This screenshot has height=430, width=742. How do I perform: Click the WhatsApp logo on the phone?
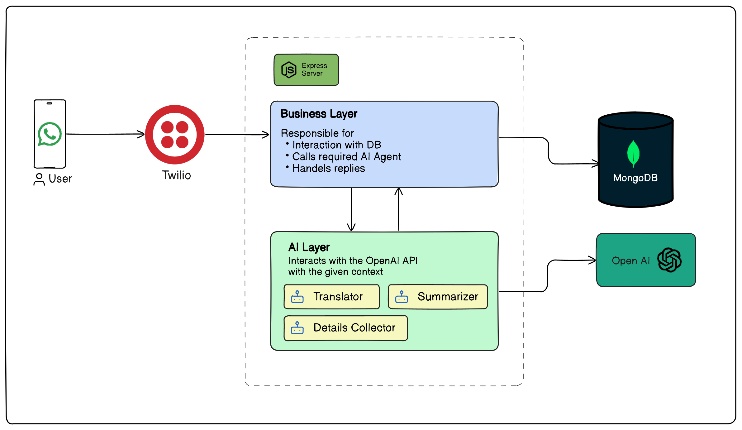(x=50, y=134)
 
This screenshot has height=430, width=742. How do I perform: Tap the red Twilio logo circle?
(x=175, y=135)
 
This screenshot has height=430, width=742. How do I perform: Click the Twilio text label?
(x=176, y=175)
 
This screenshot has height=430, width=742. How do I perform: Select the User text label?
(x=60, y=179)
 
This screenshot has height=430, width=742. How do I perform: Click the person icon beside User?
(x=39, y=179)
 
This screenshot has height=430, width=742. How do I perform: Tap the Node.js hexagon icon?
(x=289, y=70)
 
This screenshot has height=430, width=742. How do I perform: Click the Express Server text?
(x=314, y=69)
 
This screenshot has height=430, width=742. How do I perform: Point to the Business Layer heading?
(x=319, y=114)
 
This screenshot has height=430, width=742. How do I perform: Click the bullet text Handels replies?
(x=328, y=169)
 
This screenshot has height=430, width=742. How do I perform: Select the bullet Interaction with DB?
(x=336, y=145)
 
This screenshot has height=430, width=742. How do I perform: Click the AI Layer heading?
(x=309, y=247)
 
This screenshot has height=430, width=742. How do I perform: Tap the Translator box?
(x=331, y=297)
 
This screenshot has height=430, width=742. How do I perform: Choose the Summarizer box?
(x=438, y=297)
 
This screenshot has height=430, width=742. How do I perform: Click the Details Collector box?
(x=345, y=328)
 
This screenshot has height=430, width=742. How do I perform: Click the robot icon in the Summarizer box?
(x=402, y=297)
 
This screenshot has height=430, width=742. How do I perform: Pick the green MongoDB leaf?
(x=633, y=153)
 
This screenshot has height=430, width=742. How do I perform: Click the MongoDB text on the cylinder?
(x=635, y=178)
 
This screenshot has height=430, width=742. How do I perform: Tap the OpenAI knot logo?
(x=669, y=260)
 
